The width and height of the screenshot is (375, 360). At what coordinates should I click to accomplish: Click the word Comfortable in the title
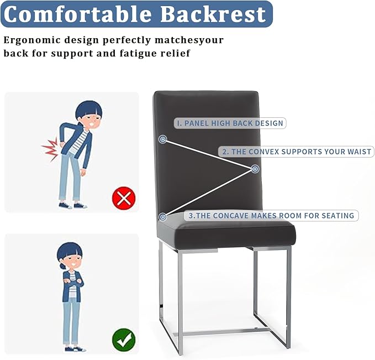[x=78, y=14]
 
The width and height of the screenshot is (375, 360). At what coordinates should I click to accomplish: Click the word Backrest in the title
[x=213, y=14]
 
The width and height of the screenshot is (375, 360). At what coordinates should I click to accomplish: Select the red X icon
[x=124, y=199]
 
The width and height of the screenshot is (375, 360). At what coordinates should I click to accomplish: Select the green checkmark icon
[x=124, y=340]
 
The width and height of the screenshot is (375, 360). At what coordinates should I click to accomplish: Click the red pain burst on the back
[x=51, y=149]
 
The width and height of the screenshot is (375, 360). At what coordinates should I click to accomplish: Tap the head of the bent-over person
[x=89, y=114]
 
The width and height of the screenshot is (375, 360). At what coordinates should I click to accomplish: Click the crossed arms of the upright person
[x=73, y=282]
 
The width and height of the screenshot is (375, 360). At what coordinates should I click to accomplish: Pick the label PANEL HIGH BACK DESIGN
[x=230, y=123]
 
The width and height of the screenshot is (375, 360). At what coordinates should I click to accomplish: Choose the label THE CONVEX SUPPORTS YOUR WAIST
[x=297, y=152]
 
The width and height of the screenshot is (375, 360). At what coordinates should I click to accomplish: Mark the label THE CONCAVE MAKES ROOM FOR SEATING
[x=271, y=216]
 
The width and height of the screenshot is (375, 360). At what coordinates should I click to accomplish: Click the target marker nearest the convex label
[x=255, y=169]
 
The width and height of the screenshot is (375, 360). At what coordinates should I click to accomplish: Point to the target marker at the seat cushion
[x=163, y=217]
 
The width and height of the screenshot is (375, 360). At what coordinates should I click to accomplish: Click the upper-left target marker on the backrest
[x=163, y=139]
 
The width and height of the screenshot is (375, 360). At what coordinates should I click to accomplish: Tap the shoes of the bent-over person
[x=73, y=206]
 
